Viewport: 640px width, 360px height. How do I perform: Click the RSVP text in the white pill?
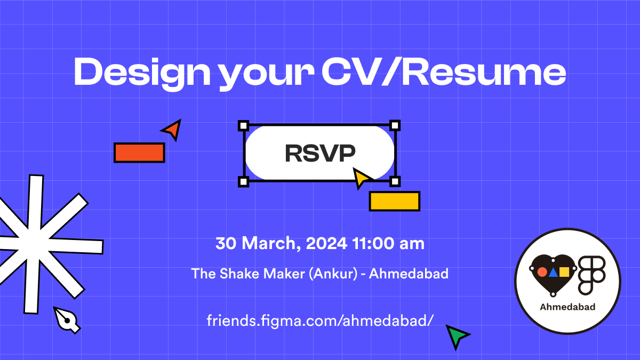coord(320,154)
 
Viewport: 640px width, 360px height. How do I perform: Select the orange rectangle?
coord(139,153)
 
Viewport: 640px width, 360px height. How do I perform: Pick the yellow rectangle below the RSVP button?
coord(395,201)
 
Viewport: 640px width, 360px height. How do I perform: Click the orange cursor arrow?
coord(173,129)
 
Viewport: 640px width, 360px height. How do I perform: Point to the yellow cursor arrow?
coord(362,178)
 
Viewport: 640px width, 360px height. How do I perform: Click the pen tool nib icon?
coord(67,319)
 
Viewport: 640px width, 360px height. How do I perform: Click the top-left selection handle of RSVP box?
coord(243,126)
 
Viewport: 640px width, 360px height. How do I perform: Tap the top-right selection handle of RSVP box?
coord(395,126)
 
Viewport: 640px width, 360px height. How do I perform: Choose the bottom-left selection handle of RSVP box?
coord(243,182)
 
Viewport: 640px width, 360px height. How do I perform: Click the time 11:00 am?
coord(388,244)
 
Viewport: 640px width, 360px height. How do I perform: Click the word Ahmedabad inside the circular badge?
coord(567,307)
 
